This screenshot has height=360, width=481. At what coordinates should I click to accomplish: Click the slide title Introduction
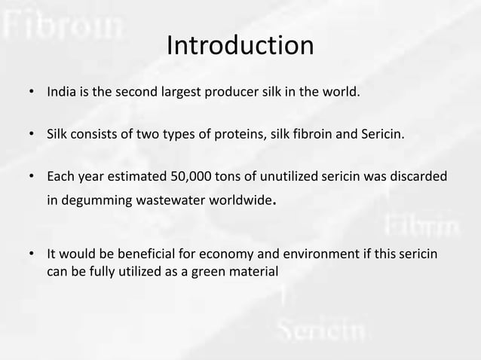click(x=240, y=45)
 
